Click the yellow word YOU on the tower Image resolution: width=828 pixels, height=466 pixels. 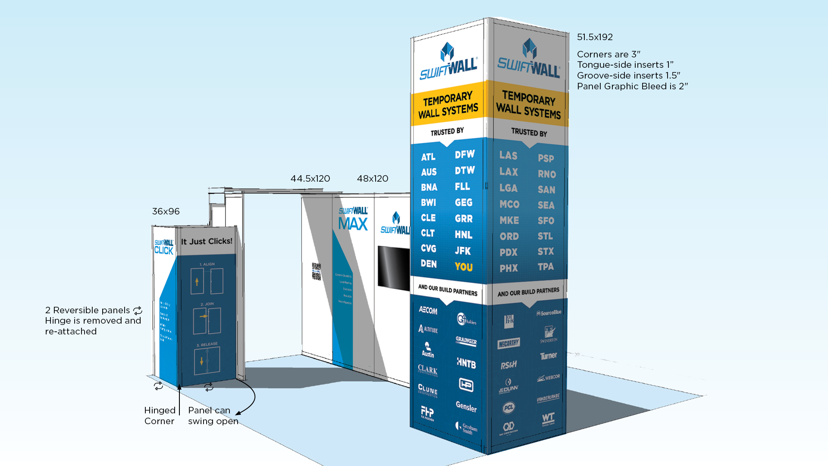464,267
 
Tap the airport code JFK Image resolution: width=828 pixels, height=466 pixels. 463,251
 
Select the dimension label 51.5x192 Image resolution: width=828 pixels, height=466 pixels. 595,37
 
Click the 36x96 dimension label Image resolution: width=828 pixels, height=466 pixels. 166,211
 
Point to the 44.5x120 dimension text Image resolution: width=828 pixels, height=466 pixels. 310,179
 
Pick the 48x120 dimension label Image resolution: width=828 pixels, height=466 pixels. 373,179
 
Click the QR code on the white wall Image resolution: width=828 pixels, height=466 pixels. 316,271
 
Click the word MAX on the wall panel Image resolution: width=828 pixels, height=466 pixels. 353,224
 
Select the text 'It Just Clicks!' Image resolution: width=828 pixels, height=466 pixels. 207,241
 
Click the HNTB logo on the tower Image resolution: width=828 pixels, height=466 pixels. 466,363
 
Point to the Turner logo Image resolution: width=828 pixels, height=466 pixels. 549,356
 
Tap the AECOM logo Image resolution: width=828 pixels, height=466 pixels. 428,310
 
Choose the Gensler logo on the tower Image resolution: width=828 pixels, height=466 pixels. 466,406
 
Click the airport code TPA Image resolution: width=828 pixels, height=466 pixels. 546,267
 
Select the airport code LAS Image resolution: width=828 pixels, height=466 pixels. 508,155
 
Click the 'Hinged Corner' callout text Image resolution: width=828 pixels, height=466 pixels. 160,416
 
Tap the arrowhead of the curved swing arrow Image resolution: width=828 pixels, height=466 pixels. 238,413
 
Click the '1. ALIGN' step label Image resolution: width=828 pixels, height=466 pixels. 207,264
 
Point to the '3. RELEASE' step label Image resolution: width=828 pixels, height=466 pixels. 207,344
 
